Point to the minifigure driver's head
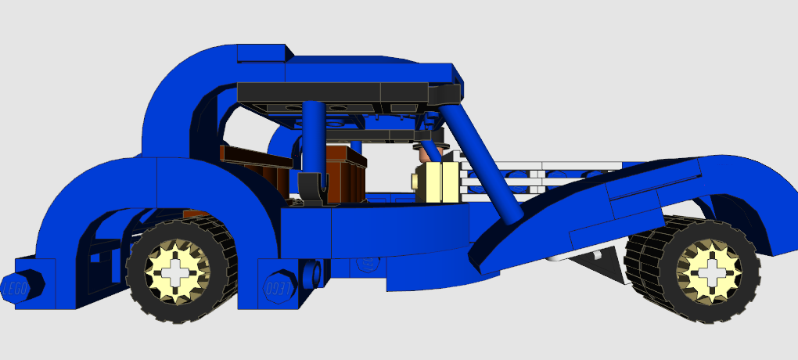(x=430, y=153)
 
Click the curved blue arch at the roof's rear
(x=188, y=86)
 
